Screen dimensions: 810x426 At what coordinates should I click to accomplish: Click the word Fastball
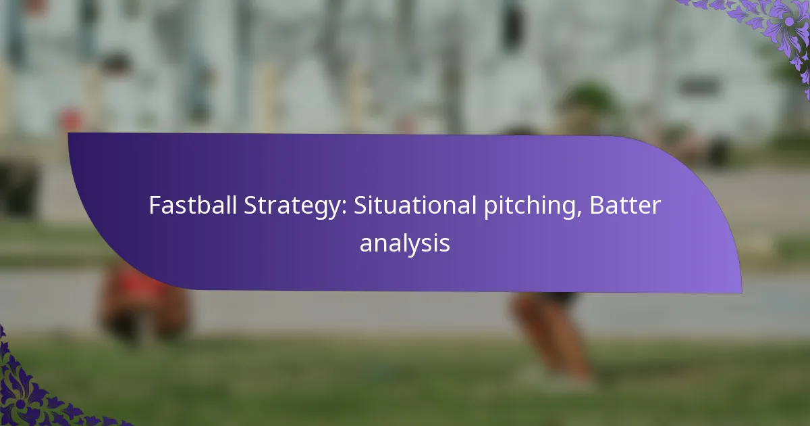click(193, 205)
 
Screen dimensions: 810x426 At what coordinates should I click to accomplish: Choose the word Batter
click(625, 205)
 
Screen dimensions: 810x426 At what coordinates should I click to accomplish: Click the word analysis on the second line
click(404, 244)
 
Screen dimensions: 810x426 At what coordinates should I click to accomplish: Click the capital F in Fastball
click(155, 206)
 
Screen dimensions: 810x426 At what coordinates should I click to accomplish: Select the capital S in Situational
click(360, 206)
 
